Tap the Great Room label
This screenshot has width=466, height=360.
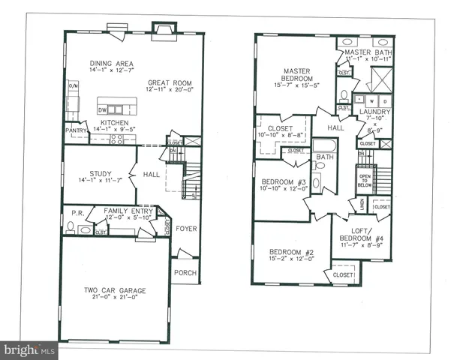coord(169,83)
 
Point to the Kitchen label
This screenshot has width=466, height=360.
coord(110,122)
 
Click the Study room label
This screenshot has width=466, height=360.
coord(100,172)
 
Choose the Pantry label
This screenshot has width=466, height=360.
coord(77,130)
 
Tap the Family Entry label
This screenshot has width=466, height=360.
coord(125,211)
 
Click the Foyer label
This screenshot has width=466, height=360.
coord(185,228)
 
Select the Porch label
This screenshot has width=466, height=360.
coord(185,272)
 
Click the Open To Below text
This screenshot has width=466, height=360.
coord(365,181)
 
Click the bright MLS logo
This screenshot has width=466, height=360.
coord(30,349)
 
